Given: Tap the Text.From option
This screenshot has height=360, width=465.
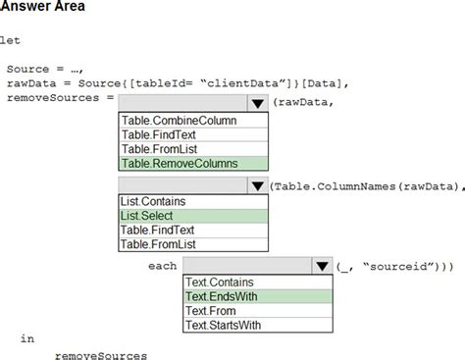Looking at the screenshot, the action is [211, 310].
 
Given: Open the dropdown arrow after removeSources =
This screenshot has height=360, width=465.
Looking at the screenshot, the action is [257, 102].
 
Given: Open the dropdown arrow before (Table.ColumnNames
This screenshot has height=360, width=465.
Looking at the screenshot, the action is [257, 185].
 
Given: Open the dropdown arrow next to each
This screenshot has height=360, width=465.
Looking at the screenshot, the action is [321, 266].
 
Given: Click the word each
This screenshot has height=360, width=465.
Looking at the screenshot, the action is [162, 266].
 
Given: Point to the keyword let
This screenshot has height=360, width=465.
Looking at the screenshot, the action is [10, 40].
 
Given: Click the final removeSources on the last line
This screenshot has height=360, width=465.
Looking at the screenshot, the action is [101, 354].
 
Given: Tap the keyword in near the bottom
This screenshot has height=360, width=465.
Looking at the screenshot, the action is [26, 338].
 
